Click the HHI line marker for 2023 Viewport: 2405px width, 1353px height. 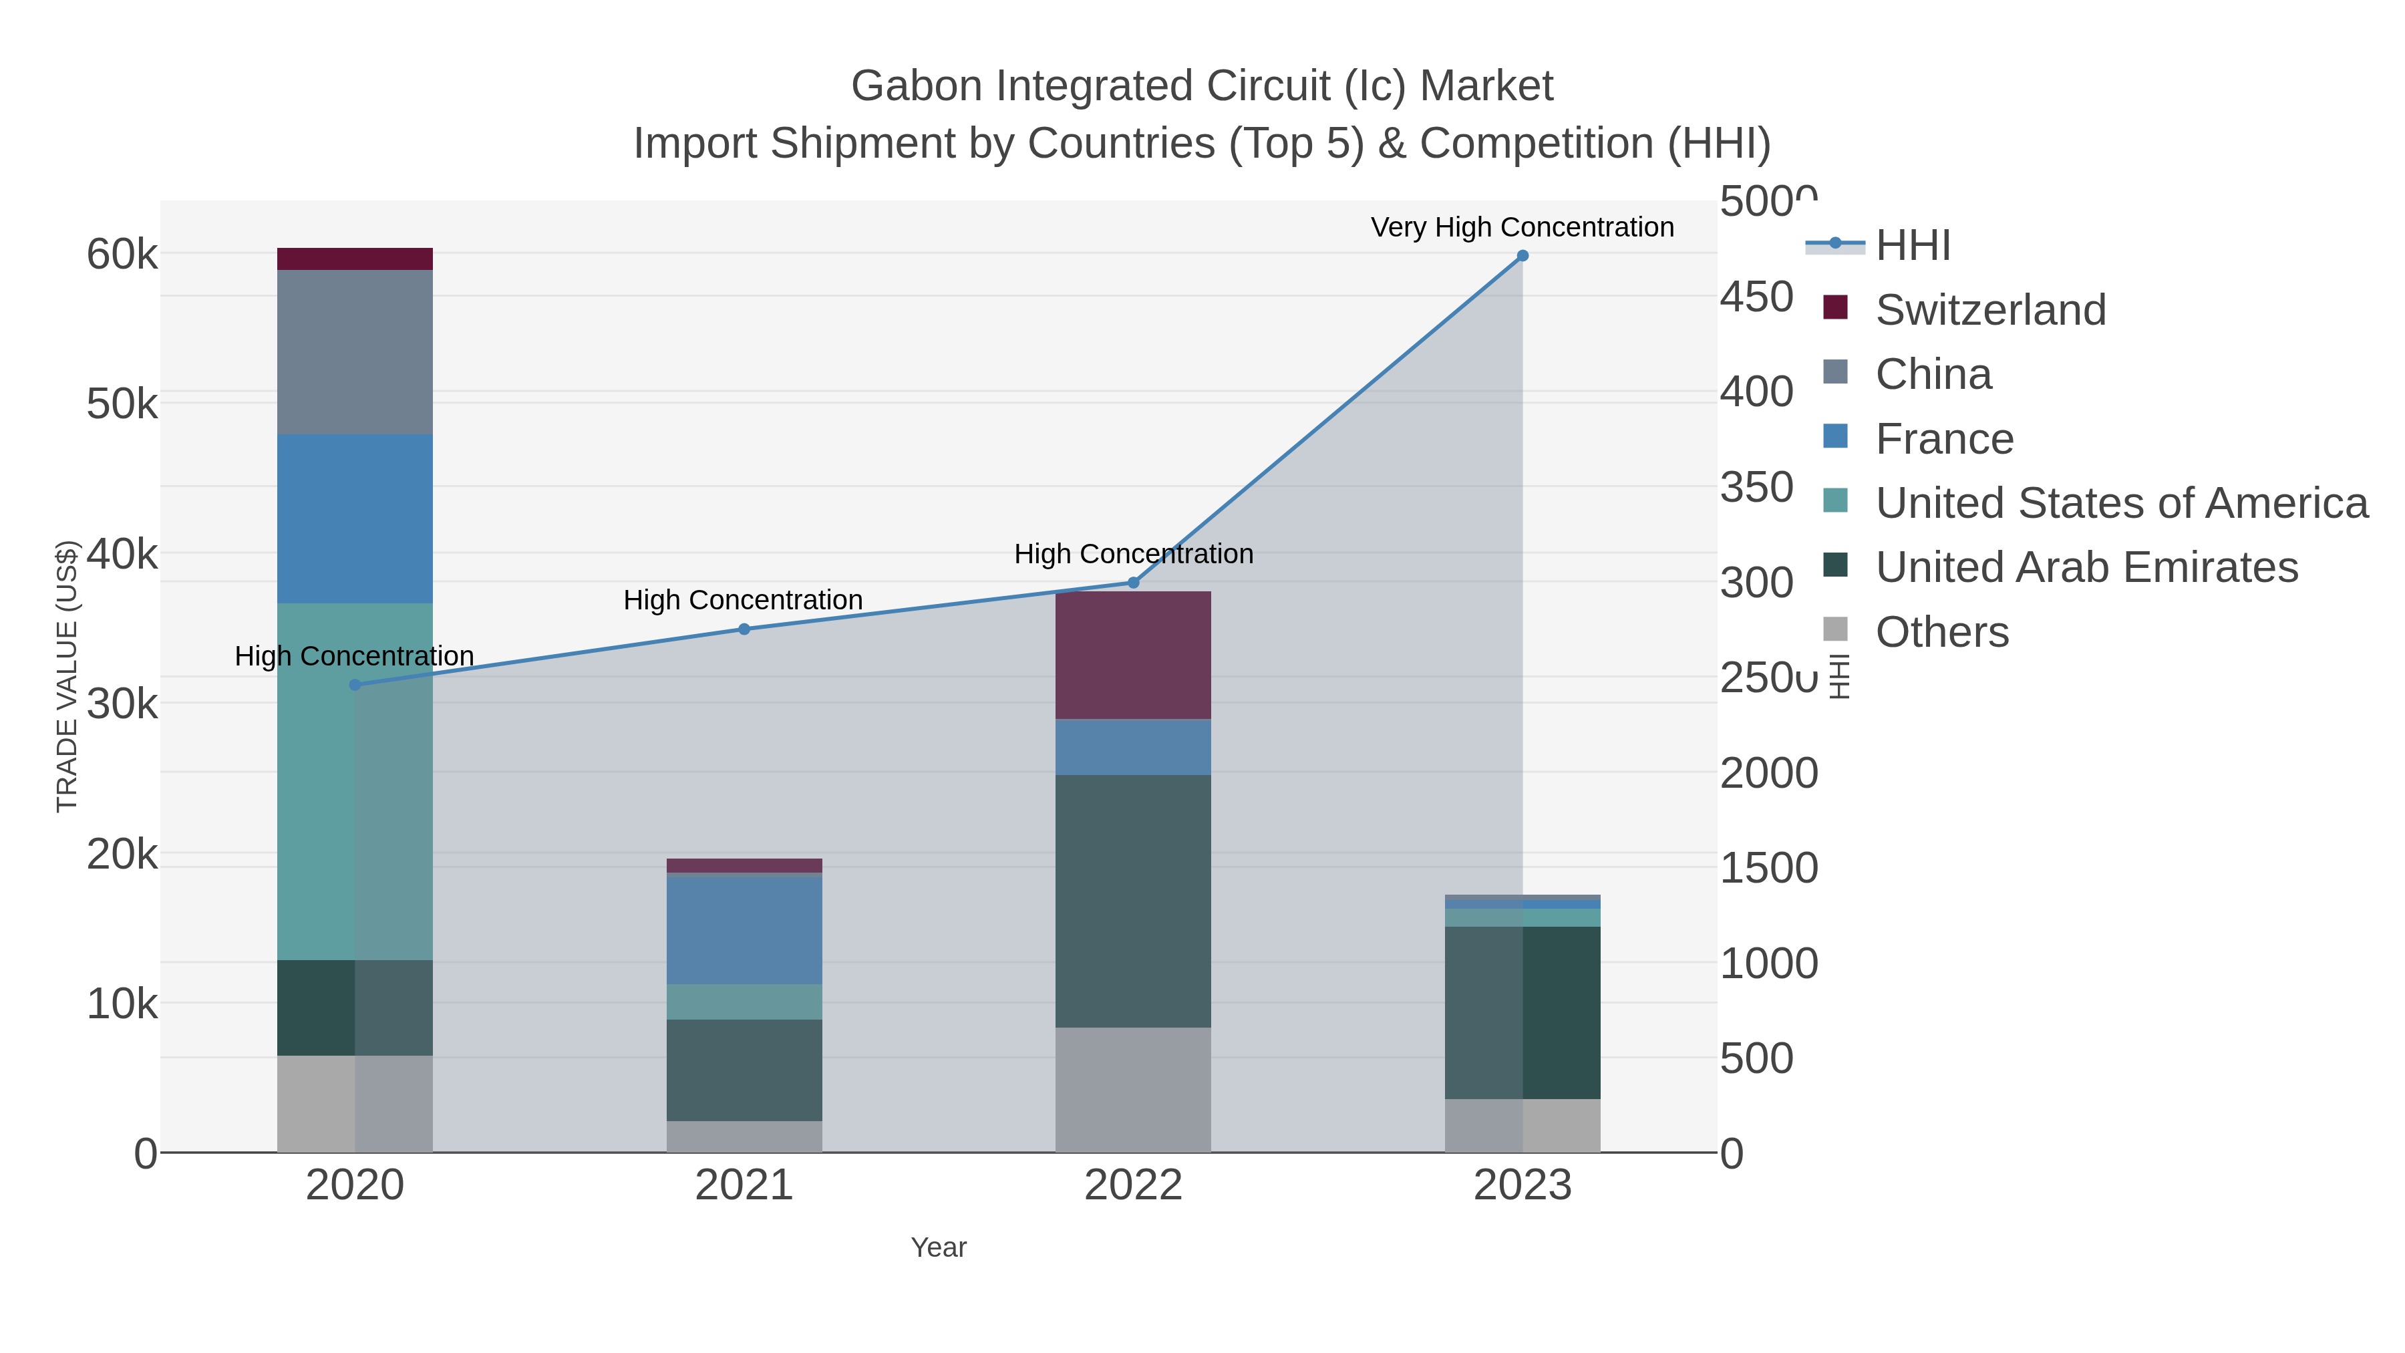click(x=1522, y=256)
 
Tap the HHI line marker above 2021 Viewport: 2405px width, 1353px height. click(x=744, y=629)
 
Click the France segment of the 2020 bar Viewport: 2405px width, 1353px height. click(x=355, y=518)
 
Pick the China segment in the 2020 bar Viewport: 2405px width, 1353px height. click(x=355, y=352)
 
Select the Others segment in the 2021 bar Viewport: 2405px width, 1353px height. click(x=744, y=1137)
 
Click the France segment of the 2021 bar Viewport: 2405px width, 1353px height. click(x=744, y=929)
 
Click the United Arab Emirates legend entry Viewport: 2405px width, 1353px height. click(x=2086, y=568)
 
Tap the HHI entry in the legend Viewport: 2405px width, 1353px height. click(x=1912, y=246)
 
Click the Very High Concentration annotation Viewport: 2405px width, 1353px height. click(x=1522, y=228)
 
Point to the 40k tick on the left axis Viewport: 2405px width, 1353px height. click(x=122, y=555)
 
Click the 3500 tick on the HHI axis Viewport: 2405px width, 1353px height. click(x=1756, y=488)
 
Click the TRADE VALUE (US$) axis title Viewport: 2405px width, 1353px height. click(x=67, y=676)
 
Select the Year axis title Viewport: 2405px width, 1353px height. click(x=939, y=1247)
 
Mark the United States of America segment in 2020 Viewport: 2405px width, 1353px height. click(x=355, y=782)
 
